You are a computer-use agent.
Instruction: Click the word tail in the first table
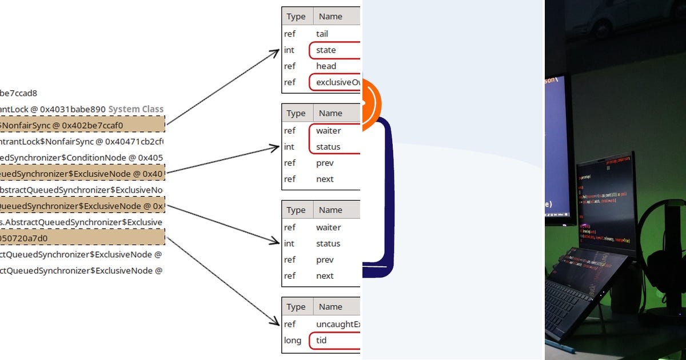tap(322, 34)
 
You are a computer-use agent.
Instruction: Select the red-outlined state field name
tap(326, 50)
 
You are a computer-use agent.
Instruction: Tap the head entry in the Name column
tap(326, 66)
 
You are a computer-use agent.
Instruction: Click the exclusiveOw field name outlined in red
tap(337, 82)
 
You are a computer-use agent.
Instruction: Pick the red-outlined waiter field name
tap(328, 131)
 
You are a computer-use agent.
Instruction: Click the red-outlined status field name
tap(328, 147)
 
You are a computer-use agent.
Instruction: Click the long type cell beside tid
tap(293, 341)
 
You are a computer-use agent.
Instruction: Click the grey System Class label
tap(135, 109)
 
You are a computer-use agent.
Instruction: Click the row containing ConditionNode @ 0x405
tap(80, 158)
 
